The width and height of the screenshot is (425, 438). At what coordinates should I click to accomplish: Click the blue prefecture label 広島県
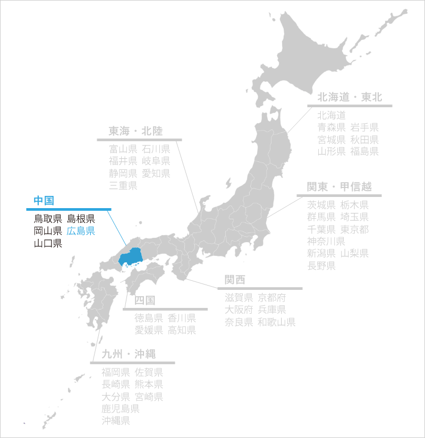[81, 231]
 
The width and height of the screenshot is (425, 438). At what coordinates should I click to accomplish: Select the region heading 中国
[44, 200]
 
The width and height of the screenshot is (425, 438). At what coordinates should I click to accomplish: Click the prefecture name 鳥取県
[48, 218]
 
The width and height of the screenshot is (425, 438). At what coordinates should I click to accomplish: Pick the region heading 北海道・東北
[350, 97]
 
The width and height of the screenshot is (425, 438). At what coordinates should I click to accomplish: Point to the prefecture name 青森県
[331, 127]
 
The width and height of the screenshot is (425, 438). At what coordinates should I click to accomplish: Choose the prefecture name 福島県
[364, 151]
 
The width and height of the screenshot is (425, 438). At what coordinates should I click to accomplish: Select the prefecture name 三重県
[123, 185]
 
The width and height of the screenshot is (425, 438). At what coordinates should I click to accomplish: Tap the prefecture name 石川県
[156, 149]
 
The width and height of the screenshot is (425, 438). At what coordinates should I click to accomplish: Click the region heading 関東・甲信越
[339, 187]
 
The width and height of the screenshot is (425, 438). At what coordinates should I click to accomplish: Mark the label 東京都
[354, 229]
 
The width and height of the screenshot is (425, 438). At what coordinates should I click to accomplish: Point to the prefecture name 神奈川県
[326, 242]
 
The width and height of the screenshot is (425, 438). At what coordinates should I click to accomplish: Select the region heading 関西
[235, 280]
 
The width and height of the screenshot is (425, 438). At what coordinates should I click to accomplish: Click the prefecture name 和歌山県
[276, 322]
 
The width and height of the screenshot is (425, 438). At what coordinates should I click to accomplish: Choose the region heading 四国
[144, 300]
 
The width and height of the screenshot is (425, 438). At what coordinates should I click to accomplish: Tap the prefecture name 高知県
[182, 330]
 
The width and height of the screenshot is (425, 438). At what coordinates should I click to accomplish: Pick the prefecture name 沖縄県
[116, 421]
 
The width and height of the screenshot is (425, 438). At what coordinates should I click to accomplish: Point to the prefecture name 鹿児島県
[121, 409]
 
